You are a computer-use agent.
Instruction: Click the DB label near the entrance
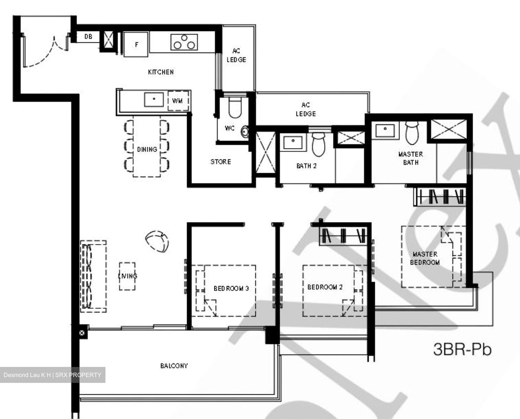(88, 37)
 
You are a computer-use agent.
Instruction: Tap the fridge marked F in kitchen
(136, 44)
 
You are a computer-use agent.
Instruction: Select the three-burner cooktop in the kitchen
(185, 42)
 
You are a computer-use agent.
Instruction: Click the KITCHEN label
(161, 72)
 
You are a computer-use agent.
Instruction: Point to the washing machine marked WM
(178, 101)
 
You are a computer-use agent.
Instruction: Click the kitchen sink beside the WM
(154, 99)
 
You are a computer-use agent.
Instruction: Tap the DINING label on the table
(147, 149)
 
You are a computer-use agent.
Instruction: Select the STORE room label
(221, 162)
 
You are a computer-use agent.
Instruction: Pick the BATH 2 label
(306, 166)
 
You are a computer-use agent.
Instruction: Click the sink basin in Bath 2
(294, 142)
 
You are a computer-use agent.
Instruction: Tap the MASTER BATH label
(411, 158)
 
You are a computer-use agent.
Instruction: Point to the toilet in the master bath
(412, 132)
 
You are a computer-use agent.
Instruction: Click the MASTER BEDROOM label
(425, 258)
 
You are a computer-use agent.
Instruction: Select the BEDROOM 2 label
(325, 287)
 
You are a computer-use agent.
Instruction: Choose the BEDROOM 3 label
(231, 288)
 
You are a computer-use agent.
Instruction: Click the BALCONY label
(174, 366)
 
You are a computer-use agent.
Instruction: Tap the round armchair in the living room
(157, 241)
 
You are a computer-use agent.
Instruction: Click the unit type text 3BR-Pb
(462, 350)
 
